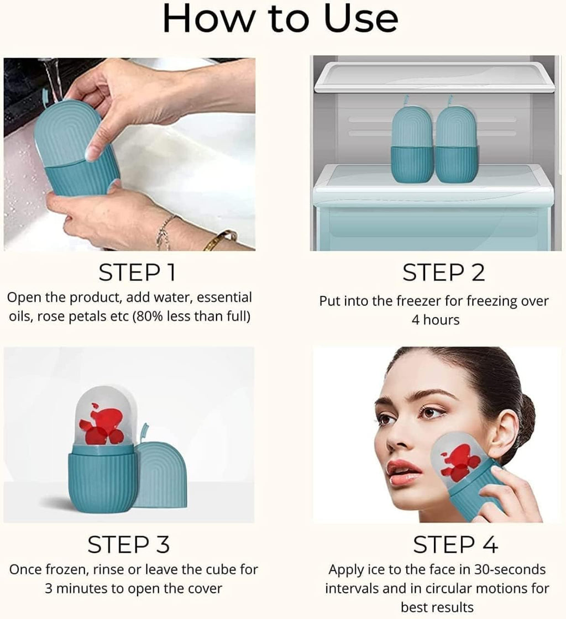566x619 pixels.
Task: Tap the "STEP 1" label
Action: tap(138, 272)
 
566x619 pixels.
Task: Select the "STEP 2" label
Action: tap(443, 272)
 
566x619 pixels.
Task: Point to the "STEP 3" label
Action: tap(128, 545)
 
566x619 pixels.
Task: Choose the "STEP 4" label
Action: tap(455, 545)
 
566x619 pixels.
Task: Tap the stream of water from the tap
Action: tap(53, 77)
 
